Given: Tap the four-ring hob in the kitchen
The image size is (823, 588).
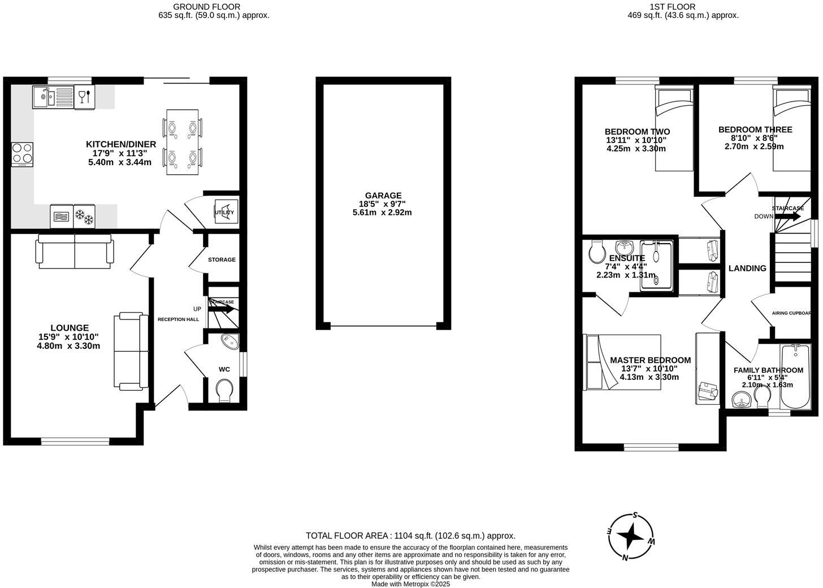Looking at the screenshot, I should [22, 154].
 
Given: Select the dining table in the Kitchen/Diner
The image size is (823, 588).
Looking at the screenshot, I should [181, 142].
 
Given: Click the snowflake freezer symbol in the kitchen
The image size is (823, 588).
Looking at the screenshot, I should [85, 216].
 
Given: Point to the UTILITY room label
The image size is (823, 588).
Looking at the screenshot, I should [224, 212].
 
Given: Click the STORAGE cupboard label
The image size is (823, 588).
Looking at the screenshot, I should [222, 260].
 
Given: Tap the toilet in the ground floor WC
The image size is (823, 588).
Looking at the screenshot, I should [224, 390].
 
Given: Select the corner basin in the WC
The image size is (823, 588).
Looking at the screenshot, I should [230, 341].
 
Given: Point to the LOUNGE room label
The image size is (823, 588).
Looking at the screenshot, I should [70, 328].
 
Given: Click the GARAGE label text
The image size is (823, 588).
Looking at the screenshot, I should [383, 196].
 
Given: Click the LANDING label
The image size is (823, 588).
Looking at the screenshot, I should [747, 268].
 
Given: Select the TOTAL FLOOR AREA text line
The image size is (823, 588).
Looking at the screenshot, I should [410, 535].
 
